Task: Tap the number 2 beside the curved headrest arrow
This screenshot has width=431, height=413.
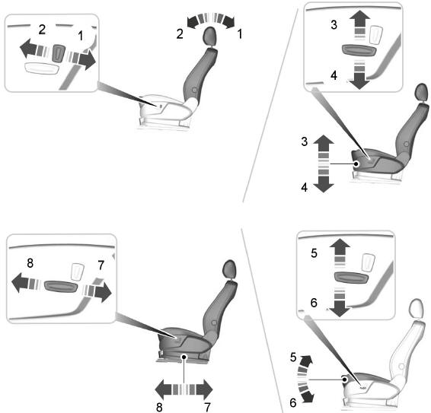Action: (180, 34)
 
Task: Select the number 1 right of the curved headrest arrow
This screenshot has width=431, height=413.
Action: (240, 34)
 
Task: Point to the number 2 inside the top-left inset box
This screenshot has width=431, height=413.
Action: (42, 30)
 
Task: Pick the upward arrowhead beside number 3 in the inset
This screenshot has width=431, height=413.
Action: (360, 17)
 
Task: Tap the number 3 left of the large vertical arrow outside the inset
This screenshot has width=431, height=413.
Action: (305, 141)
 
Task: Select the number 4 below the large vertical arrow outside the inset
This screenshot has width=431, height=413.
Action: (305, 187)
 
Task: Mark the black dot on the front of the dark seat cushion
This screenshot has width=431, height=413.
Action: (356, 164)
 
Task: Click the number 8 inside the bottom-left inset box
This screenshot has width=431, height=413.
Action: (30, 263)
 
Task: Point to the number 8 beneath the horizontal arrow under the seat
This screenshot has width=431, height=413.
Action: (159, 407)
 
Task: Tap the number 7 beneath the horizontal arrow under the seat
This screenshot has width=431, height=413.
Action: (208, 407)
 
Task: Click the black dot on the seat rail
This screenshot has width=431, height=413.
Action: (184, 357)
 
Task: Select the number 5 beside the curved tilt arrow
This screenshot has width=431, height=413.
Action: (293, 357)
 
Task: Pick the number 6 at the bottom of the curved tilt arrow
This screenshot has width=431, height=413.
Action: (293, 403)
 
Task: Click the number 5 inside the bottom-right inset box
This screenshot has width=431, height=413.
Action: (314, 253)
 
